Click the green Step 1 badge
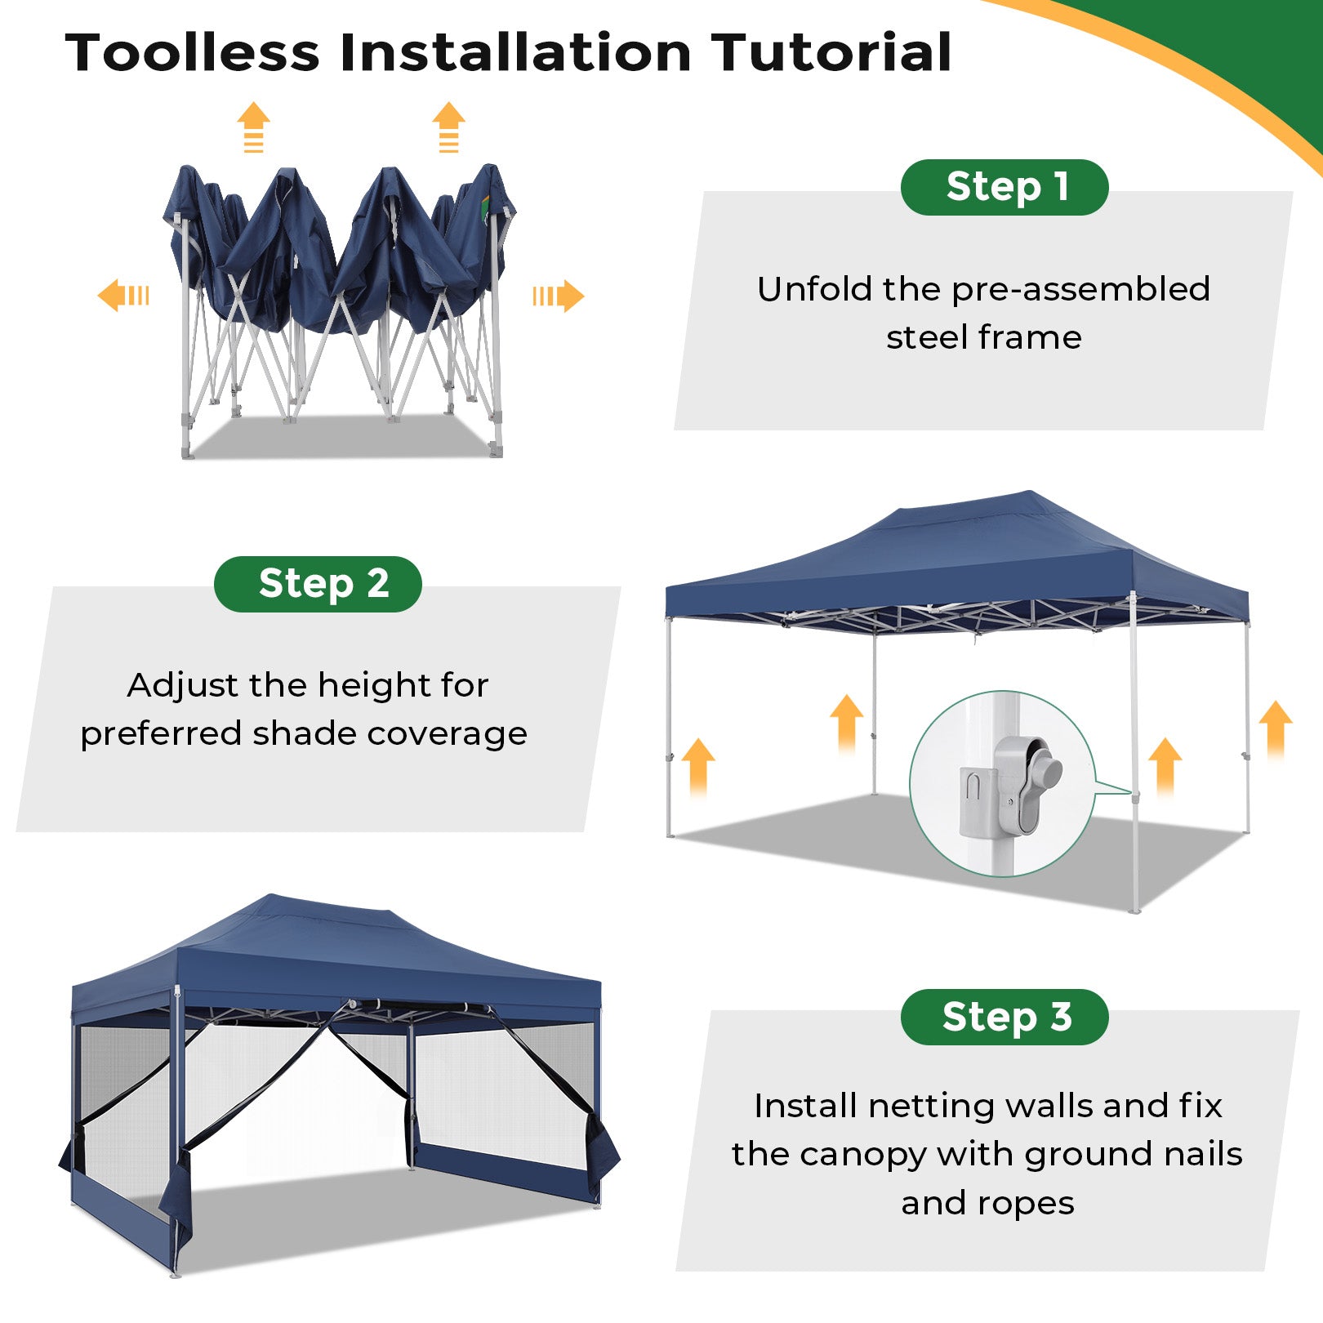(1004, 187)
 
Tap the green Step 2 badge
(318, 584)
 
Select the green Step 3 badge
(1004, 1017)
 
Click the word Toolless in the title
(193, 53)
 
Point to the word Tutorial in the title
(831, 53)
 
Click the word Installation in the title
(515, 53)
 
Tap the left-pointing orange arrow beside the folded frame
(123, 295)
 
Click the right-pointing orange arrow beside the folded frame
(559, 296)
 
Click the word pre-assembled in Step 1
(1080, 291)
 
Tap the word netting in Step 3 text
(932, 1107)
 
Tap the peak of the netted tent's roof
(271, 897)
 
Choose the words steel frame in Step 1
(984, 337)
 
